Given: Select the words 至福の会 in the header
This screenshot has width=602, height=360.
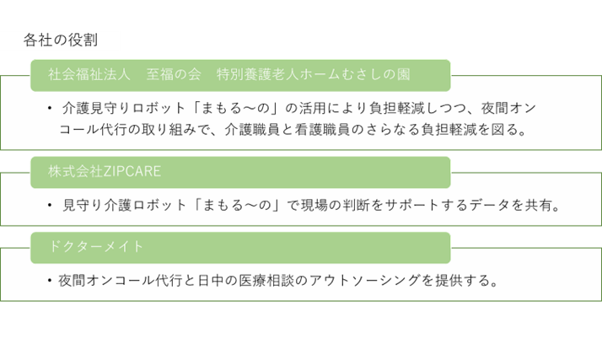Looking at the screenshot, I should point(174,74).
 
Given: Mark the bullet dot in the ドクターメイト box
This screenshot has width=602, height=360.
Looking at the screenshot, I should point(51,280).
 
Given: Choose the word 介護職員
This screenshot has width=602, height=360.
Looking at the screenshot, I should point(255,130).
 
